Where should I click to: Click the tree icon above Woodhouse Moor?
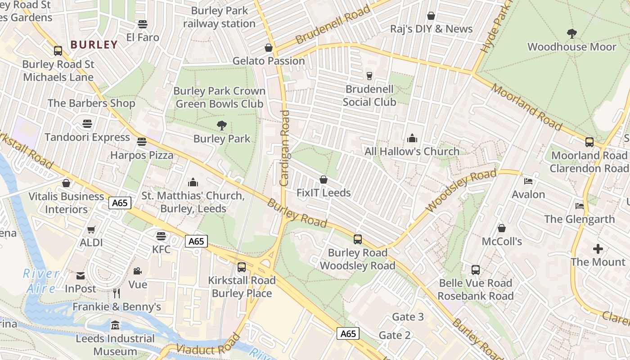click(x=571, y=34)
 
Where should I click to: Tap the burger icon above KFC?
click(x=161, y=236)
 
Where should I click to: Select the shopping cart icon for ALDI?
click(x=91, y=230)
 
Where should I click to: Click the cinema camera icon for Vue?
click(x=137, y=271)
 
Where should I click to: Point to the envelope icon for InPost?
click(x=81, y=276)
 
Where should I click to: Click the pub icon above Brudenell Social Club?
click(x=369, y=76)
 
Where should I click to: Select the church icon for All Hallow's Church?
click(x=412, y=139)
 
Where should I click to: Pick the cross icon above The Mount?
click(x=598, y=249)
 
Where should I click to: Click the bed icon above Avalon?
click(x=528, y=181)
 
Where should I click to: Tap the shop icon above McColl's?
click(x=501, y=229)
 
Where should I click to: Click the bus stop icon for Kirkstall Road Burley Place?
click(x=242, y=267)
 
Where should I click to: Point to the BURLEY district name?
click(x=94, y=45)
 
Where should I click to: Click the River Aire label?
click(x=41, y=281)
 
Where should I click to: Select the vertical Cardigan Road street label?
click(x=284, y=148)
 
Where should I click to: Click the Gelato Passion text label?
click(x=269, y=61)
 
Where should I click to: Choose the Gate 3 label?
click(x=408, y=317)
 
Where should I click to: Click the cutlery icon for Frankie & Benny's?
click(x=117, y=293)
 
